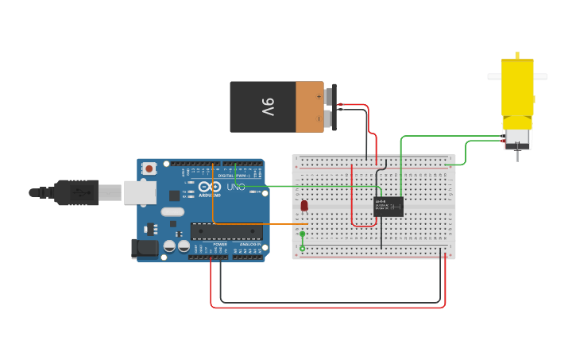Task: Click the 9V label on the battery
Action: click(x=267, y=106)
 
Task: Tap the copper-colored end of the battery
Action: click(x=309, y=106)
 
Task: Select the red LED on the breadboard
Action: click(x=304, y=206)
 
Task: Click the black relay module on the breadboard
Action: click(x=389, y=207)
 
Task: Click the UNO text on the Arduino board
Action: click(x=236, y=188)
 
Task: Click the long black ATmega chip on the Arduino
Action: click(x=226, y=231)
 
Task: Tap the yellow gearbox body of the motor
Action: click(x=516, y=87)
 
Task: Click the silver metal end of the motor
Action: click(x=517, y=140)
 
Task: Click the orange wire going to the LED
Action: click(x=262, y=224)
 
